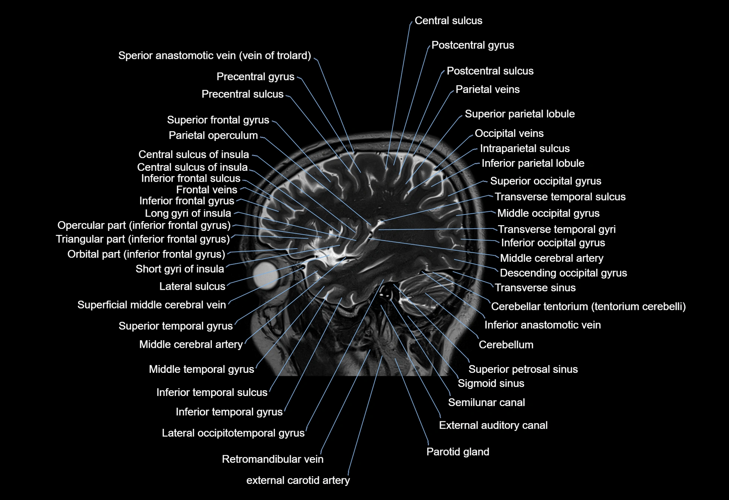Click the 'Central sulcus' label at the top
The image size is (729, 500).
448,21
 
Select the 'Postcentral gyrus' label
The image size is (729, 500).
472,45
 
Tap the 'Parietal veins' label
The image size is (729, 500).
487,89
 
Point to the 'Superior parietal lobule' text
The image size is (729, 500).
519,114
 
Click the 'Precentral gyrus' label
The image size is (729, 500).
255,77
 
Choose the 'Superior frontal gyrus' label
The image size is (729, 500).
218,120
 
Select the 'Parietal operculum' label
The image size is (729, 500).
213,135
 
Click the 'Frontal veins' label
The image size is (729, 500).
206,190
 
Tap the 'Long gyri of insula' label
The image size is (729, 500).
188,213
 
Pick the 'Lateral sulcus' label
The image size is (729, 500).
192,286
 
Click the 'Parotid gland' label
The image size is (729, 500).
457,452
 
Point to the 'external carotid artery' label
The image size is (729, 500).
298,480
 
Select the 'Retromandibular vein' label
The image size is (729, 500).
272,459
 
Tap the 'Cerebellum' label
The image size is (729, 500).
505,345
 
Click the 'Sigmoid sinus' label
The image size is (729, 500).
491,383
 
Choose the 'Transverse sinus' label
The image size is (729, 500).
535,288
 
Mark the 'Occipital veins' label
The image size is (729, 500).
509,133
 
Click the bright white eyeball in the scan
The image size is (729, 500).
266,275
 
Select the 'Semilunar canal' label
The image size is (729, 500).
486,403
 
